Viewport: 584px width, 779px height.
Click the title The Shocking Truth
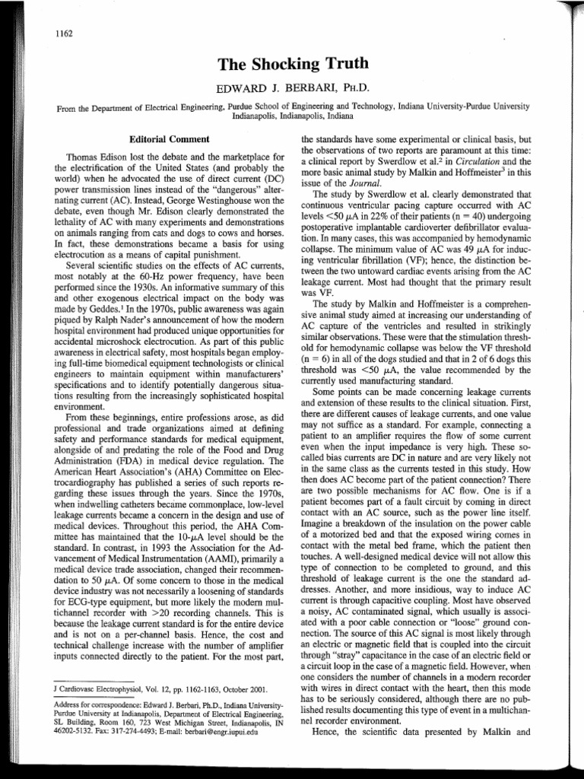[x=292, y=66]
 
